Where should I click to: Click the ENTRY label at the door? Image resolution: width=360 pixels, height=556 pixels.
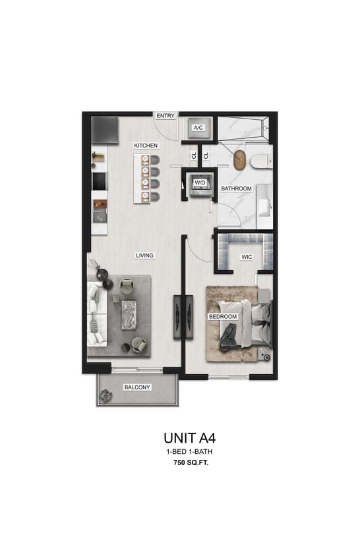165,116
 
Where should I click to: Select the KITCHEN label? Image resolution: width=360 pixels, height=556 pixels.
146,145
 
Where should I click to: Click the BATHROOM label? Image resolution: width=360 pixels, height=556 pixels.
236,188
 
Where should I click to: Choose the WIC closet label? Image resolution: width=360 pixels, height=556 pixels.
247,257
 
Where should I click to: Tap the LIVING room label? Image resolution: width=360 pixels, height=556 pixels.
145,256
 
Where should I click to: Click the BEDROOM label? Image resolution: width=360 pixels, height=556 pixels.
223,317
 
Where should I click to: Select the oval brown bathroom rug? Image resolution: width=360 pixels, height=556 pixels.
239,160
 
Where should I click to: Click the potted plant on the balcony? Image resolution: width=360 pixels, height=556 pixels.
106,395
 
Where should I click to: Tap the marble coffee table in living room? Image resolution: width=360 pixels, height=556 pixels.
129,316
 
